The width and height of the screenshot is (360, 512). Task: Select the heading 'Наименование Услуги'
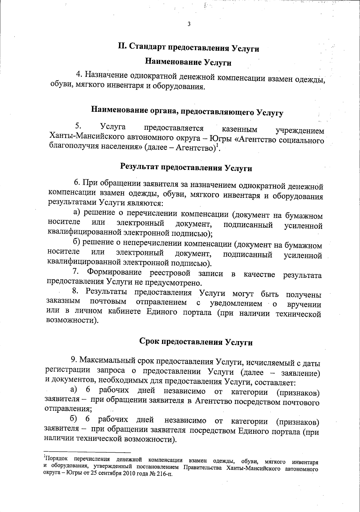click(188, 62)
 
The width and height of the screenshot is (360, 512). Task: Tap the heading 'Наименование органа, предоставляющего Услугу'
click(187, 111)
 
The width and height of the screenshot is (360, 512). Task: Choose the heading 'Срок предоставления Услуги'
click(196, 342)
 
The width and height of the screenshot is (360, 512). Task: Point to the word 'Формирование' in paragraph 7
click(114, 272)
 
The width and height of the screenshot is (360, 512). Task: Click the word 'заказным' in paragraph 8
click(63, 301)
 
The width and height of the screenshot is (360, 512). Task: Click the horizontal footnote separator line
click(87, 452)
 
